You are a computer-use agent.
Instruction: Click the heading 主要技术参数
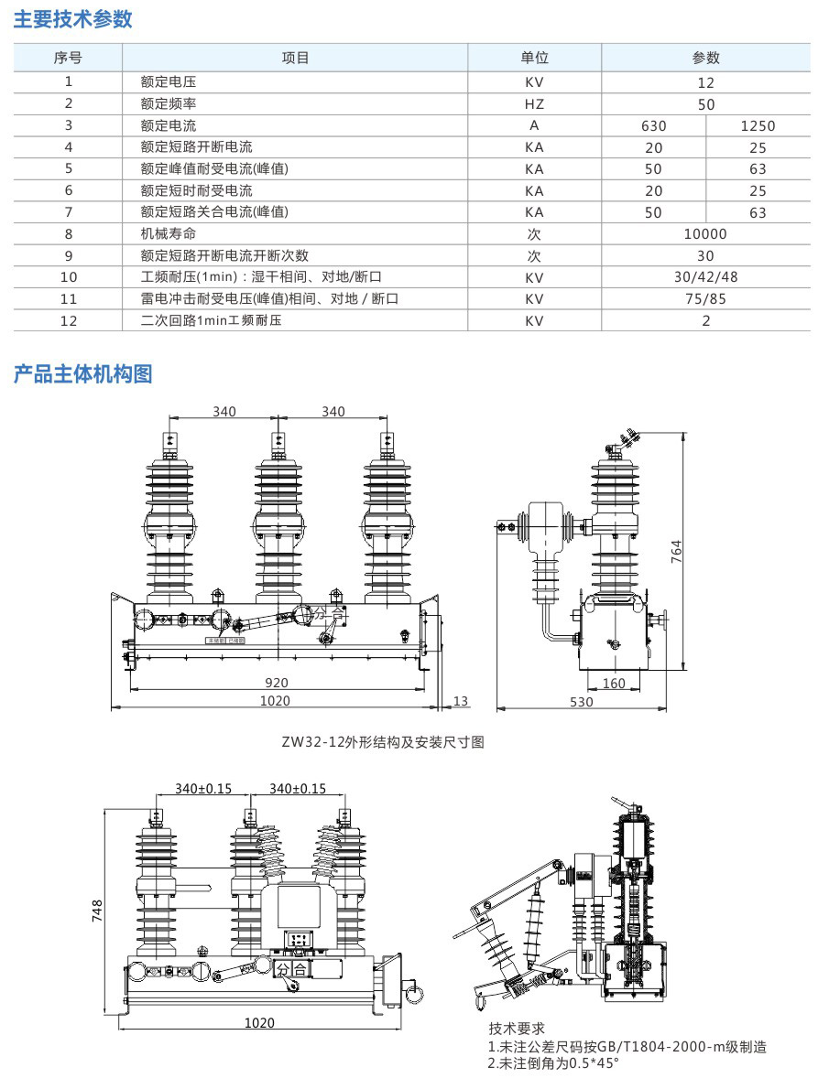(73, 19)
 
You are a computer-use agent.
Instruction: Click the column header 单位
(534, 58)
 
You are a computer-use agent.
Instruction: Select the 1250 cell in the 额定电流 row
(758, 125)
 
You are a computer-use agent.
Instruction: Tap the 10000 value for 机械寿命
(705, 234)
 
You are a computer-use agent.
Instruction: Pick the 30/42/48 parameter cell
(705, 277)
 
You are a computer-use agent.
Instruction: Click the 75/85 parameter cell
(705, 299)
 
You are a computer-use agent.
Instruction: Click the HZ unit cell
(534, 103)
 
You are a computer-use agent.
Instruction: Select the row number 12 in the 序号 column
(69, 320)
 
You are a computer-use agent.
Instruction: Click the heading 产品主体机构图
(82, 373)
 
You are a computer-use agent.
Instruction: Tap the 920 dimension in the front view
(277, 683)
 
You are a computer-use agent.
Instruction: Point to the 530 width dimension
(581, 702)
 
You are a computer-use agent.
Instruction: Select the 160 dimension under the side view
(613, 683)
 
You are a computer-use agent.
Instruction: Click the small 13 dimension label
(461, 701)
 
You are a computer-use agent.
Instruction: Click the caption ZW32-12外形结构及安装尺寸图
(383, 743)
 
